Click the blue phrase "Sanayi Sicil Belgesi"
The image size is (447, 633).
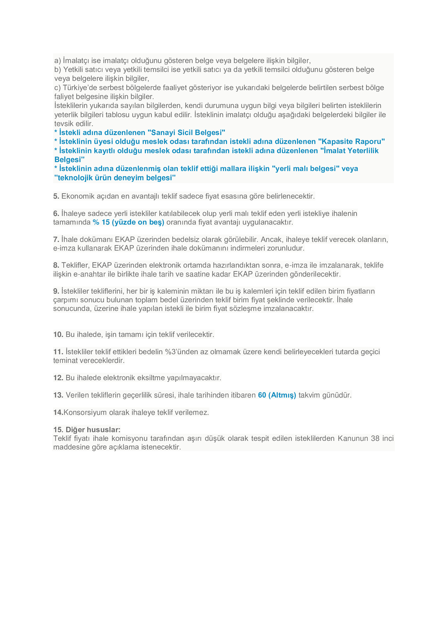[x=186, y=133]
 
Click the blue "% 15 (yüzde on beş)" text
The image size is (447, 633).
[x=128, y=222]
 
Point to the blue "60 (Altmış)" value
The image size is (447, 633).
[x=277, y=395]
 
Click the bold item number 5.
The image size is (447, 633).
[x=56, y=196]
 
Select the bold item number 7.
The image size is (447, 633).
[x=56, y=239]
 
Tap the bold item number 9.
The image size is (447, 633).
[x=56, y=291]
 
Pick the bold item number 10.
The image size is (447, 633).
[x=58, y=334]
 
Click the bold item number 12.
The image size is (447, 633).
[x=58, y=378]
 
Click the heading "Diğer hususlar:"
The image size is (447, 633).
[x=87, y=429]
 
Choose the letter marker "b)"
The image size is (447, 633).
[x=58, y=70]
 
